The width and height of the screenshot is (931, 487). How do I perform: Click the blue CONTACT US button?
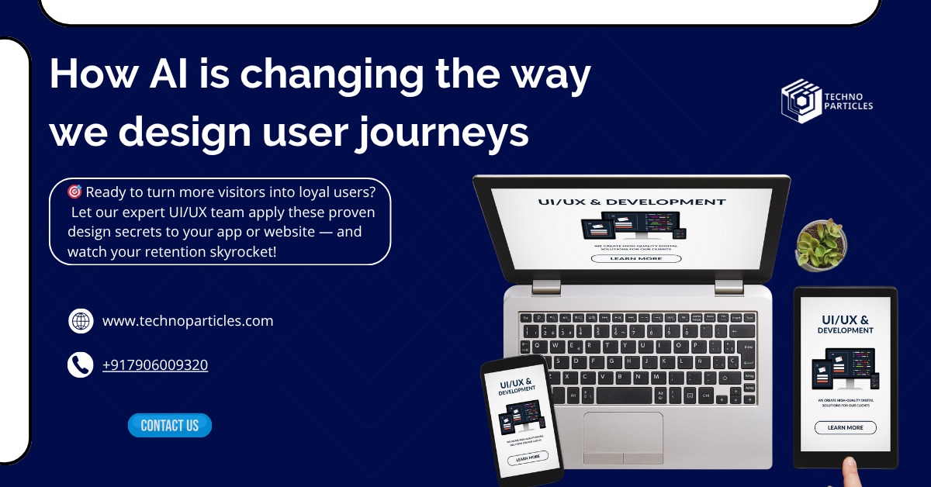169,425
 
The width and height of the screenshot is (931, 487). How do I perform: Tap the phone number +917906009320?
155,364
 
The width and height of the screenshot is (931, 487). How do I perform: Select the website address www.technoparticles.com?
188,320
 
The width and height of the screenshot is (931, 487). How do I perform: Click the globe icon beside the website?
81,320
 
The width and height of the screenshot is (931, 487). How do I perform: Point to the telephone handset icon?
80,364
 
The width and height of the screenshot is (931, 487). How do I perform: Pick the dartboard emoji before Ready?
74,192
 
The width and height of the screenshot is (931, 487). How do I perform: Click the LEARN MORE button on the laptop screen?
636,258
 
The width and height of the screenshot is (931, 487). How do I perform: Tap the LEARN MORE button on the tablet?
845,427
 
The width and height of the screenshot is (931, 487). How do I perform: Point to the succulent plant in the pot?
819,243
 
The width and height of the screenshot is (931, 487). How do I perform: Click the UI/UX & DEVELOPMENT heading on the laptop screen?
632,202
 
